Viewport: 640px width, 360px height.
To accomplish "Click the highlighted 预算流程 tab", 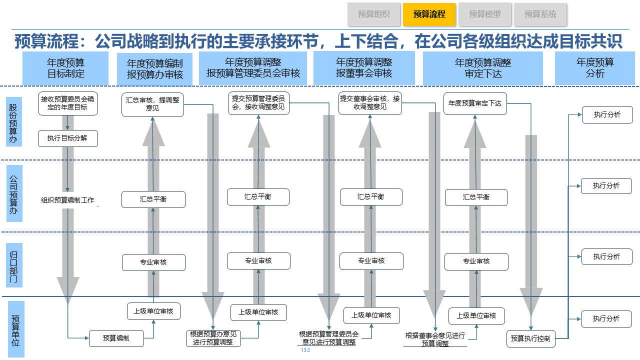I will coord(429,14).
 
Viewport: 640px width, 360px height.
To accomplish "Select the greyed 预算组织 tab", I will coord(374,14).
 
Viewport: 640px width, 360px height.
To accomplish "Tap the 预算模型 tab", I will coord(485,14).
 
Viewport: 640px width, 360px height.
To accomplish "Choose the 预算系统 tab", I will coord(540,14).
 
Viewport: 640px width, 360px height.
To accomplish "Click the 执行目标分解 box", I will coord(67,138).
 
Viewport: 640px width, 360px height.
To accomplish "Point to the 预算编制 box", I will coord(116,338).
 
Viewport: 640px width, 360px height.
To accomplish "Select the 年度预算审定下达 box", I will coord(475,103).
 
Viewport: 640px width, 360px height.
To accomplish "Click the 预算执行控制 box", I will coord(530,338).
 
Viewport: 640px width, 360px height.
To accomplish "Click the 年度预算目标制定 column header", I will coord(66,68).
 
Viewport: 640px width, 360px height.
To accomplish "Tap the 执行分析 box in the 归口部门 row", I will coord(606,256).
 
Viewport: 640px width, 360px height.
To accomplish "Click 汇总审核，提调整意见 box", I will coord(153,104).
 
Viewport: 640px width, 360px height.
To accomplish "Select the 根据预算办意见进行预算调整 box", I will coord(213,338).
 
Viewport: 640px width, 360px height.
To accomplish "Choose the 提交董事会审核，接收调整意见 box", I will coord(370,103).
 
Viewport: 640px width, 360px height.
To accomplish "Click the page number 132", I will coord(305,350).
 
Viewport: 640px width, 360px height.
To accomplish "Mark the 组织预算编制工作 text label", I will coord(67,200).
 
